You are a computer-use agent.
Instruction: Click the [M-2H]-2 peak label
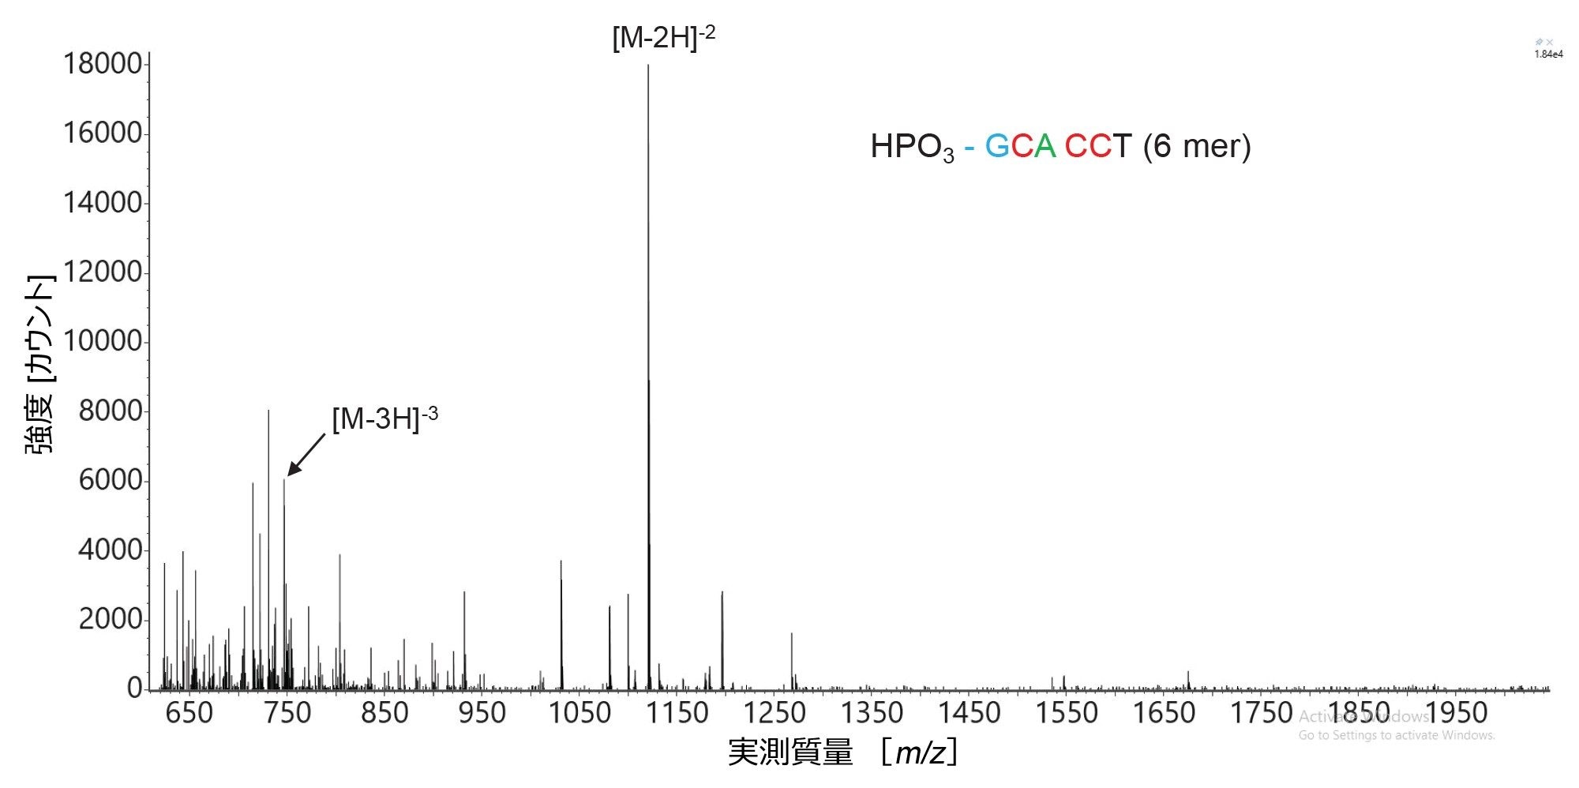tap(663, 37)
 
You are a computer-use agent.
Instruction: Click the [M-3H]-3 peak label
tap(384, 418)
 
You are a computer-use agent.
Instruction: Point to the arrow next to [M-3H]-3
tap(306, 455)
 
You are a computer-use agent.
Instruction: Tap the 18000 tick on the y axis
tap(102, 64)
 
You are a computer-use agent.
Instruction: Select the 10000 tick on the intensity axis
tap(102, 341)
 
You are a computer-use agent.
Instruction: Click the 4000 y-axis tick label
tap(110, 550)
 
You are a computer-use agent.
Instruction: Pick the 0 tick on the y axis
tap(134, 688)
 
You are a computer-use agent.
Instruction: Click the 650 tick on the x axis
tap(189, 713)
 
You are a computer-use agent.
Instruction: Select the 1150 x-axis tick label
tap(677, 713)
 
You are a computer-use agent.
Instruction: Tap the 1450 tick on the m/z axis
tap(969, 713)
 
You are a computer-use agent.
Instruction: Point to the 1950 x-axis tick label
tap(1456, 713)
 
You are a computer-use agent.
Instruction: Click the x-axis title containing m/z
tap(843, 752)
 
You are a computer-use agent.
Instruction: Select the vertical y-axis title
tap(41, 364)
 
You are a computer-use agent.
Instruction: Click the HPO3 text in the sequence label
tap(912, 147)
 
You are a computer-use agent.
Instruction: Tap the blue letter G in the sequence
tap(997, 146)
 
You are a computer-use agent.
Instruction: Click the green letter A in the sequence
tap(1045, 146)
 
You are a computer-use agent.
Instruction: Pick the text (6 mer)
tap(1197, 146)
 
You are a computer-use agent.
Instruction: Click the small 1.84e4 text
tap(1548, 54)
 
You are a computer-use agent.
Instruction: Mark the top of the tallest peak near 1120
tap(648, 66)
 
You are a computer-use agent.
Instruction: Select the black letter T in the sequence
tap(1122, 146)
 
